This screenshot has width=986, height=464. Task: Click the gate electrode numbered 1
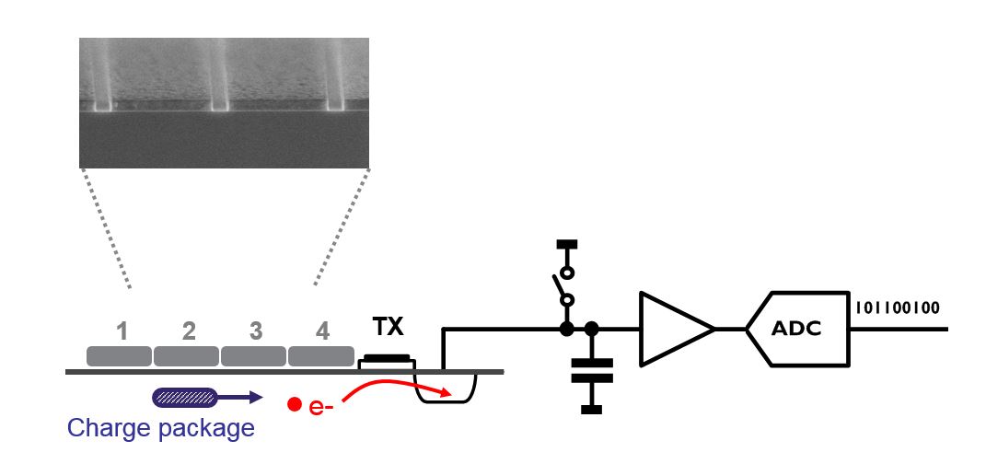(119, 355)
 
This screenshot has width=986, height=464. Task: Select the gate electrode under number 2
(186, 355)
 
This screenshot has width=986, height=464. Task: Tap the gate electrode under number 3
(254, 355)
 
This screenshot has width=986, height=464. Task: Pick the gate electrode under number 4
(321, 355)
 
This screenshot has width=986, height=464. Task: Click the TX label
(388, 328)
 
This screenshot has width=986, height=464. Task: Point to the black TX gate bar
(388, 357)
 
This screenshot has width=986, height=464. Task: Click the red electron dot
(295, 403)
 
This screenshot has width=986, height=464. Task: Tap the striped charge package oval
(184, 397)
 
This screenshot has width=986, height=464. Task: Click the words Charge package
(161, 428)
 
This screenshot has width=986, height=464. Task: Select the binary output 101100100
(899, 307)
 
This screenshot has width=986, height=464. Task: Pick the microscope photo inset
(225, 102)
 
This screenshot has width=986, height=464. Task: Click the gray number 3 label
(255, 331)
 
